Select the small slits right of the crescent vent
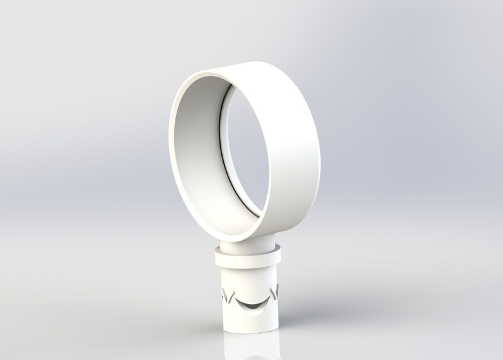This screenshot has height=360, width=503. [x=274, y=290]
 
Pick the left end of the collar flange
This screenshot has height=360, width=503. [x=216, y=256]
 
